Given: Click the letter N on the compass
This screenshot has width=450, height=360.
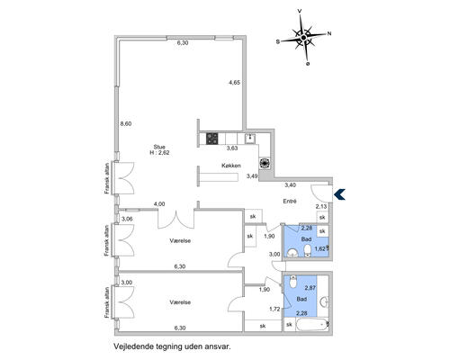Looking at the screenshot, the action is (329, 34).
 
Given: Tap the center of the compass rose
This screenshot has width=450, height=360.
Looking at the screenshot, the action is (303, 38).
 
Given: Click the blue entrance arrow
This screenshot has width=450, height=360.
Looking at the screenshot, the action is (340, 194).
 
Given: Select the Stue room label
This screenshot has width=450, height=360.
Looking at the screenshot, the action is (159, 147).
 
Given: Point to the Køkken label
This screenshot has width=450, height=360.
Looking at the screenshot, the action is (231, 166).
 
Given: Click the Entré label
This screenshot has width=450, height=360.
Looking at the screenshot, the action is (290, 202).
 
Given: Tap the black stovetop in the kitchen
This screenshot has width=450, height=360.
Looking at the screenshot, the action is (212, 139).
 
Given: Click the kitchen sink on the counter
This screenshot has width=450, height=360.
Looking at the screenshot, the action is (250, 139).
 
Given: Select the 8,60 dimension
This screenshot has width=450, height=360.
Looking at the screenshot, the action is (126, 123).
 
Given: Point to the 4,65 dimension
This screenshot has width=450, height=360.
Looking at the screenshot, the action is (235, 82).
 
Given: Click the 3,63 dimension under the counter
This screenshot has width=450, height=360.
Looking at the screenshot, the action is (232, 148).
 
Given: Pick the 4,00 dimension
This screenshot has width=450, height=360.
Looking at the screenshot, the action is (159, 204).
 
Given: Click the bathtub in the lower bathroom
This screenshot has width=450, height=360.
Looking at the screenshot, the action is (310, 325).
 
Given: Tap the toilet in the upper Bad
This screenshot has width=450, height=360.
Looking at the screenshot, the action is (308, 250).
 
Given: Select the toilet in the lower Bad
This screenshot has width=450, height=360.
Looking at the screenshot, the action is (293, 282).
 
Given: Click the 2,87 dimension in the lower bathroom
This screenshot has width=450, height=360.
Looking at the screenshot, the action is (310, 288).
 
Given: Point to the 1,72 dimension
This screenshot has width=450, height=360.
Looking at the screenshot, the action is (274, 309).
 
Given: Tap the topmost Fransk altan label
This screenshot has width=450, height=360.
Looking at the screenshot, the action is (107, 179).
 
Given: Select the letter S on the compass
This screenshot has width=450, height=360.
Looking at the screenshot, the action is (278, 42).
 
